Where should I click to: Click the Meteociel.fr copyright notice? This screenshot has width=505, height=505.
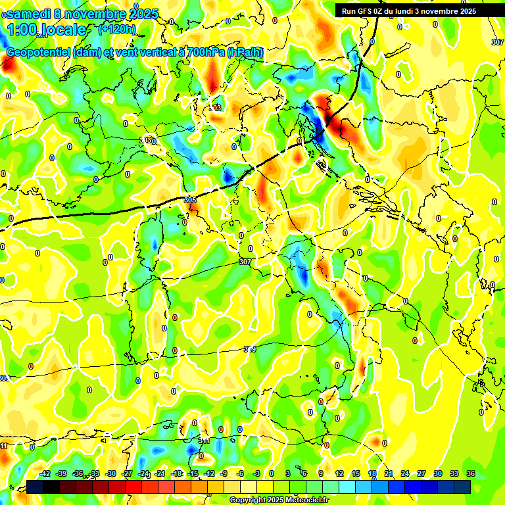pos(279,500)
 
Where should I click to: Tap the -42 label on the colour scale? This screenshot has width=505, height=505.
pos(45,473)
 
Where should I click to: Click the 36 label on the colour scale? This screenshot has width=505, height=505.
pos(471,473)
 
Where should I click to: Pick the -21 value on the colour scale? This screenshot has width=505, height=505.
pos(160,473)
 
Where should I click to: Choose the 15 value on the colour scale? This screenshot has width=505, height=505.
pos(355,473)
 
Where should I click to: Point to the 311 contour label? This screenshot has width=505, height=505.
pos(204,441)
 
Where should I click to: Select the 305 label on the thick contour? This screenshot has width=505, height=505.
pos(190,200)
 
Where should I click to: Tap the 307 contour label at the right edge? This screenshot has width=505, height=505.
pos(497,42)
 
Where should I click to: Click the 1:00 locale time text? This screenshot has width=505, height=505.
pos(46,30)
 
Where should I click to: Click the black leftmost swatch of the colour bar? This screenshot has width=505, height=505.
pos(35,487)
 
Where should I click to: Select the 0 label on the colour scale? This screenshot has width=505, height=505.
pos(272,473)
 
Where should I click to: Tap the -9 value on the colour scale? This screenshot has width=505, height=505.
pos(225,473)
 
